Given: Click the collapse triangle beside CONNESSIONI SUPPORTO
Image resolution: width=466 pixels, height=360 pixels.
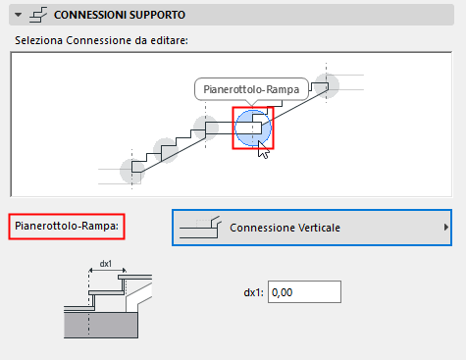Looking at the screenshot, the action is [19, 15].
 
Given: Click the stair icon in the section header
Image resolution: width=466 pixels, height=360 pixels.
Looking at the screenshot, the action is [38, 15].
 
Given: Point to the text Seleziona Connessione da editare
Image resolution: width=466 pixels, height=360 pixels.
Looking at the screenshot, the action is [101, 40].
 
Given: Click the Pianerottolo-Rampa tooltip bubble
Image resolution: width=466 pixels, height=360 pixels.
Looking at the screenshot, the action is [251, 89].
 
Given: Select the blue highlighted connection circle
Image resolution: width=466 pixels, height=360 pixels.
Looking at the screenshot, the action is [253, 128].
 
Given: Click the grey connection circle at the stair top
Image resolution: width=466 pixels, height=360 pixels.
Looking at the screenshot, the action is [327, 85].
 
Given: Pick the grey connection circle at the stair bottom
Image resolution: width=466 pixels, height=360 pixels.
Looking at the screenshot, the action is [132, 171].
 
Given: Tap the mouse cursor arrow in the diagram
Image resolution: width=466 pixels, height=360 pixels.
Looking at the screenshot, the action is [262, 150].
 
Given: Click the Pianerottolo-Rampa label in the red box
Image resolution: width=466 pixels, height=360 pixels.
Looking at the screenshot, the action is [67, 226].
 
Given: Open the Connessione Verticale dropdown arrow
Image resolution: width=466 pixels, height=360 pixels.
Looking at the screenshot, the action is [446, 228].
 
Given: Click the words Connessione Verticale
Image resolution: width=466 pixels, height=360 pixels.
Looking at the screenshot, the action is [285, 228].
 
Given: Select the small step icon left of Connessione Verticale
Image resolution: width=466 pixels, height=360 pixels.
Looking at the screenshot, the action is [200, 227].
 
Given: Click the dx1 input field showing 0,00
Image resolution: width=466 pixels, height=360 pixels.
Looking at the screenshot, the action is [304, 291].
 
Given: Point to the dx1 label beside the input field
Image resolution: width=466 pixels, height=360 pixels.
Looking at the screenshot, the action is [253, 292].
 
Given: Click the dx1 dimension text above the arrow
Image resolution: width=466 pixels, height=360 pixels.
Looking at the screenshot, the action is [106, 264].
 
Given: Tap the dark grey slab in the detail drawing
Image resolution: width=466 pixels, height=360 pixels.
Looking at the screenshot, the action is [101, 325].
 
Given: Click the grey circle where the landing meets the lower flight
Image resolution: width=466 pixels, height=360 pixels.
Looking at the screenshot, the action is [206, 128].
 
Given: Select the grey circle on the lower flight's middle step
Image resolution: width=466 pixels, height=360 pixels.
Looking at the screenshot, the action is [166, 150].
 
